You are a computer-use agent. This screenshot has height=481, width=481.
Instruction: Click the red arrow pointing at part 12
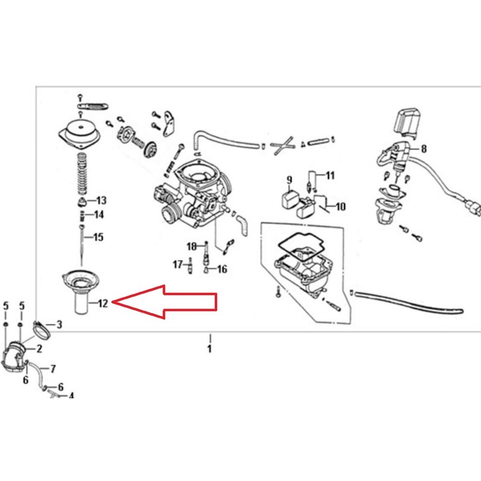tap(165, 302)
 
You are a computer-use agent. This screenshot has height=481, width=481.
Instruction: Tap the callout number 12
tap(103, 304)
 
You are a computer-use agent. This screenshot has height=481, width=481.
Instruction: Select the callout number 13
tap(101, 201)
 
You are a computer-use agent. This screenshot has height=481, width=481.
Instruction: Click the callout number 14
tap(99, 215)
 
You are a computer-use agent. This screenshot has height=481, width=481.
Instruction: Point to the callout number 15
tap(98, 237)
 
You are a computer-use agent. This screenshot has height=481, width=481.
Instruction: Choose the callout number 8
tap(424, 149)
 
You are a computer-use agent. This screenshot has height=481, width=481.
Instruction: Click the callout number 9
tap(289, 180)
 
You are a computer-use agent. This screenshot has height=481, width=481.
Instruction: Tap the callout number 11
tap(330, 176)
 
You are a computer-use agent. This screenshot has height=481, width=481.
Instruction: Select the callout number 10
tap(341, 206)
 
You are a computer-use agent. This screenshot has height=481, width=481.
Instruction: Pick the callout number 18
tap(192, 246)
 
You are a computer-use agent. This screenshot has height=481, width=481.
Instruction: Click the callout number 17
tap(178, 264)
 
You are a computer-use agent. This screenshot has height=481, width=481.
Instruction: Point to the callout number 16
tap(222, 269)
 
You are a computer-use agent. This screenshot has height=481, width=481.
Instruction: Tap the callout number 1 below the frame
tap(210, 349)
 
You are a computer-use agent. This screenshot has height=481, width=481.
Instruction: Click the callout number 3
tap(59, 324)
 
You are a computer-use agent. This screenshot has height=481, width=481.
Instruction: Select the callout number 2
tap(39, 348)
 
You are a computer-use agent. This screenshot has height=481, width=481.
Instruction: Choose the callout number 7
tap(53, 368)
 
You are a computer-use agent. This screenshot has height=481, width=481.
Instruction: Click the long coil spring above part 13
tap(82, 174)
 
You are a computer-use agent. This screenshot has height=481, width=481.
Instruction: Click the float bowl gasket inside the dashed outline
tap(301, 247)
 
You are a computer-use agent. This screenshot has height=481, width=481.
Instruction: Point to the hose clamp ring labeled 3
tap(41, 330)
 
